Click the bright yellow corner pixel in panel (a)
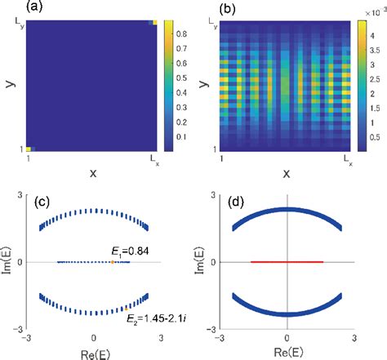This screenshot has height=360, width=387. pos(29,149)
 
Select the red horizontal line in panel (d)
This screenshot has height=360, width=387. pos(287,262)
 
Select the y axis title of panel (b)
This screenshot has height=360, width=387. pos(199,85)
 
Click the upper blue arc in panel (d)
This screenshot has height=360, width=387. pos(287,211)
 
